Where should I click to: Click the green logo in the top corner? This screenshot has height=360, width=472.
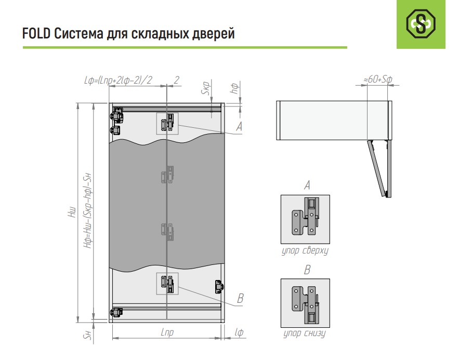tap(421, 24)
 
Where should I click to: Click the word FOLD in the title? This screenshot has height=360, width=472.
tap(36, 33)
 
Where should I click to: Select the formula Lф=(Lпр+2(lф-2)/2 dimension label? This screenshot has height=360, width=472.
tap(119, 80)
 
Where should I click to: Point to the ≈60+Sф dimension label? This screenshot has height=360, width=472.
tap(378, 79)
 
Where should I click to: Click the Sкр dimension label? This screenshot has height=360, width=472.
tap(206, 88)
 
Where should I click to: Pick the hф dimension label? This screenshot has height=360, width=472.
tap(235, 87)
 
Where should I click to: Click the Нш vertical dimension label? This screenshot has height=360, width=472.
tap(72, 212)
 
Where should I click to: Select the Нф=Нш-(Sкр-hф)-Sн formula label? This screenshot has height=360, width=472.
tap(88, 210)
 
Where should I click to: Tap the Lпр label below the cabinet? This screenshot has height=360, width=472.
tap(167, 332)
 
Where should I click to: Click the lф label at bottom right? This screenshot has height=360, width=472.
tap(239, 332)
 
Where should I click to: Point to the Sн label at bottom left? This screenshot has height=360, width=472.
tap(87, 335)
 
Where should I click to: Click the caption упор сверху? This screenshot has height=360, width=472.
tap(305, 251)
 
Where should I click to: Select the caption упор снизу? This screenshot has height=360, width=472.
tap(304, 334)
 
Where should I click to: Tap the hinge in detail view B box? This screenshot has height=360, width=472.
tap(306, 304)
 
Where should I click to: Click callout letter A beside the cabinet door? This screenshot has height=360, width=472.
tap(239, 127)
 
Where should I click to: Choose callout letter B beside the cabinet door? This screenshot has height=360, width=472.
tap(240, 299)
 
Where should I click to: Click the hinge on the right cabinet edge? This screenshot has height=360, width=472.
tap(219, 287)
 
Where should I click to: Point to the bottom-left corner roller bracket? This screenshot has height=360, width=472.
tap(116, 312)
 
